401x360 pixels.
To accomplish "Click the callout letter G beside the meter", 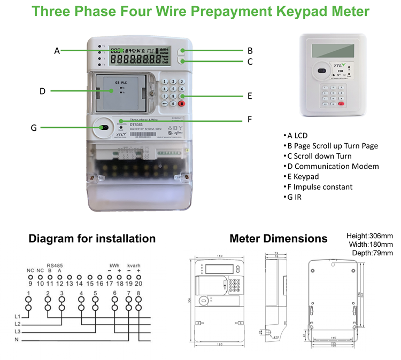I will [x=34, y=128].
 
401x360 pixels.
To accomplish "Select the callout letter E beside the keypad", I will [x=249, y=97].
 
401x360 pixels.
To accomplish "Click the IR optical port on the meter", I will [x=103, y=128].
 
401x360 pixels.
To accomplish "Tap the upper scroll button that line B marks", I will [x=182, y=51].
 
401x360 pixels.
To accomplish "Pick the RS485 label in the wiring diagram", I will [x=54, y=264].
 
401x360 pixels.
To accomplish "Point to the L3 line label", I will [x=18, y=332].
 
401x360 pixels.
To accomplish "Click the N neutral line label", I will [x=17, y=340].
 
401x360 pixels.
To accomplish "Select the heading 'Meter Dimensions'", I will [x=278, y=238].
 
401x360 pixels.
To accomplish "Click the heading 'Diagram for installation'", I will [x=92, y=238].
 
